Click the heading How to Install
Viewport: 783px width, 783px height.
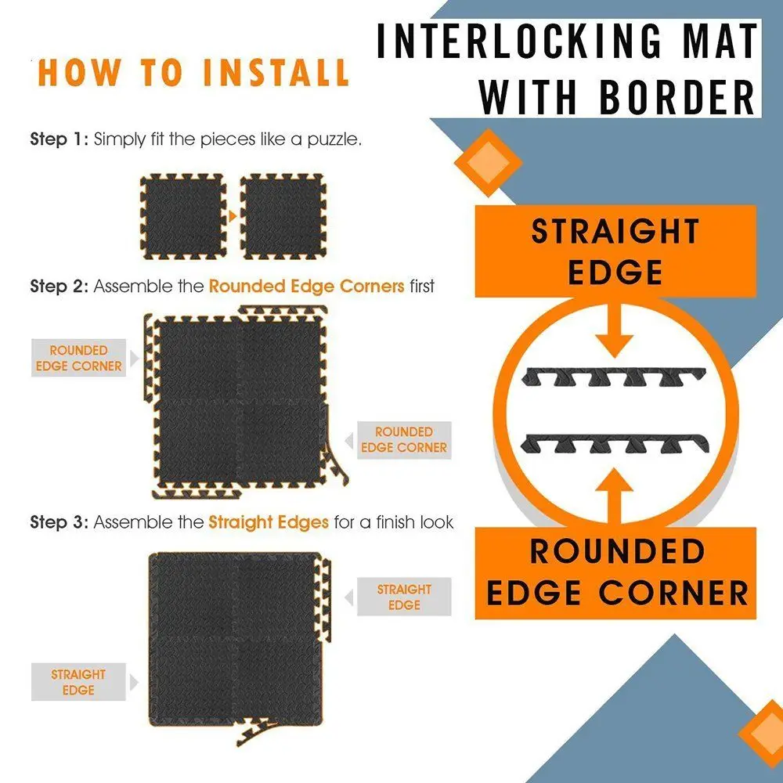[193, 72]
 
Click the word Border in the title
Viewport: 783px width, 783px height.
[677, 97]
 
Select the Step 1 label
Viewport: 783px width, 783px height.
[59, 139]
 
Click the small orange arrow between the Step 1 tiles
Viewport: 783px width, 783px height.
[233, 217]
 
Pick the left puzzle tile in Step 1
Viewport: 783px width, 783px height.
[182, 217]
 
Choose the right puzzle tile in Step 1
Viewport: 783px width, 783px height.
[283, 217]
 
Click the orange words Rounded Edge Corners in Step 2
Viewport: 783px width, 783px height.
[307, 286]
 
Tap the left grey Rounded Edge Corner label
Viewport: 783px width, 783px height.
[78, 358]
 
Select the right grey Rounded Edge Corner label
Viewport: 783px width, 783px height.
[404, 439]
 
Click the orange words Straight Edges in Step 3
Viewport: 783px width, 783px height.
[269, 522]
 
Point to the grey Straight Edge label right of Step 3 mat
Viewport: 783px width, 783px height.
[404, 597]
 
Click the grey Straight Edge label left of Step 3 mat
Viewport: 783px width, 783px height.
[78, 682]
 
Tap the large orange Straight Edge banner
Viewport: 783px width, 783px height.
[615, 251]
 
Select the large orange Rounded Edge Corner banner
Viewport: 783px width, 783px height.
[615, 573]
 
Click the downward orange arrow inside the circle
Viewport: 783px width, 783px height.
[615, 330]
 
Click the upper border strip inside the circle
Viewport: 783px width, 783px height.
[614, 377]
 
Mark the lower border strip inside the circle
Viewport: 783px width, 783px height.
[615, 443]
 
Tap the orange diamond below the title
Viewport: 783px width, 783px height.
[488, 163]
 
